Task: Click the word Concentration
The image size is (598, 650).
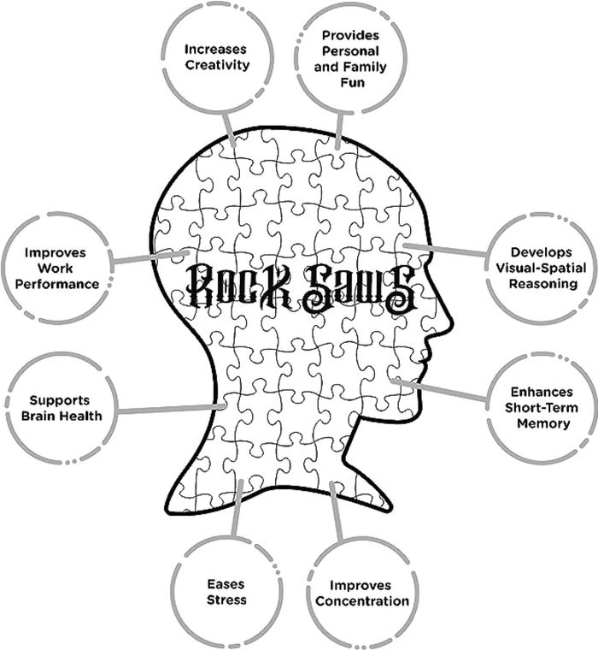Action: coord(361,600)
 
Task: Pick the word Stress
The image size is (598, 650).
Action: coord(226,600)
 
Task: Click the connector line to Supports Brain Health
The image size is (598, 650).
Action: coord(171,411)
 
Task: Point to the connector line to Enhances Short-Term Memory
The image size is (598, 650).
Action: coord(444,390)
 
